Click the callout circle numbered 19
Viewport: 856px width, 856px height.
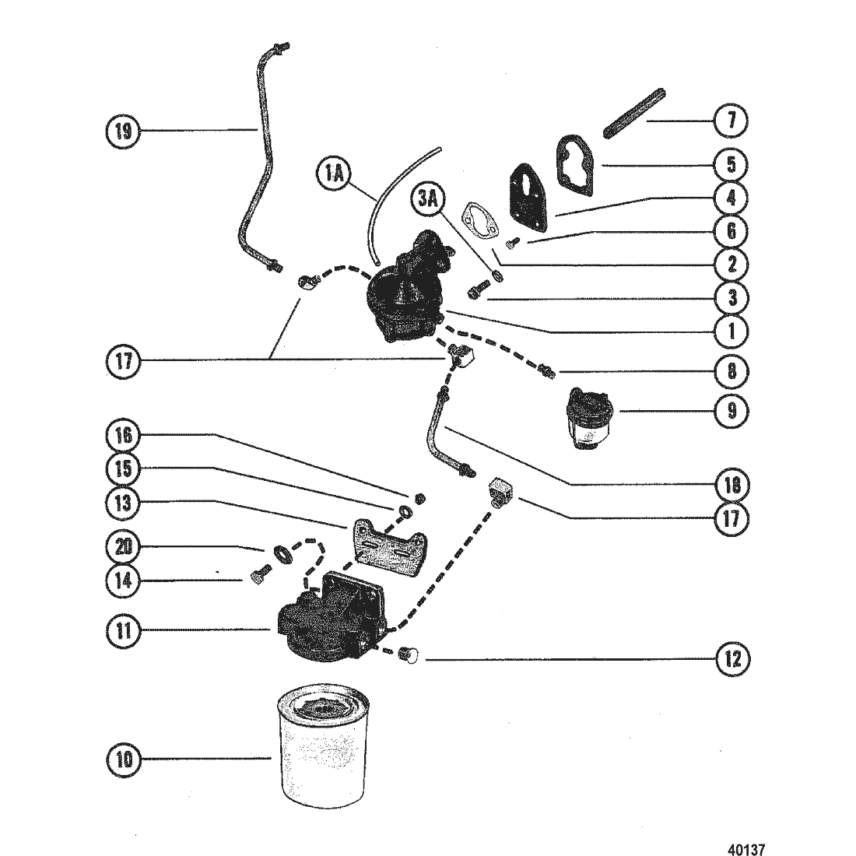(124, 131)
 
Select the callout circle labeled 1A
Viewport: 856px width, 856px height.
(335, 174)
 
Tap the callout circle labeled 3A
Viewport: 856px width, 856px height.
(428, 198)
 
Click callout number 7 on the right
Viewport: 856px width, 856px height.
(731, 120)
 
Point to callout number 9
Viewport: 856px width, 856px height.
(731, 411)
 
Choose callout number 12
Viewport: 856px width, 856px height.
(731, 659)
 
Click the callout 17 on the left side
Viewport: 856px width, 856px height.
(124, 361)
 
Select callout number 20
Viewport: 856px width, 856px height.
(124, 546)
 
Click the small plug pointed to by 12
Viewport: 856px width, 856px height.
(408, 654)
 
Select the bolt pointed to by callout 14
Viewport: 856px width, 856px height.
(259, 577)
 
